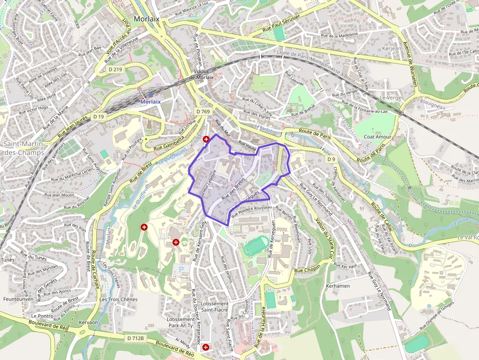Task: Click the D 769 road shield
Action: click(203, 112)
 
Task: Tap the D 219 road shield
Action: click(116, 69)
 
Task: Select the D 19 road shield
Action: click(99, 117)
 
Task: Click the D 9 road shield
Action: click(331, 159)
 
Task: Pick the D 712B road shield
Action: click(135, 338)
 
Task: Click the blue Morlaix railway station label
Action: click(151, 102)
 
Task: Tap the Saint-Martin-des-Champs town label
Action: click(23, 148)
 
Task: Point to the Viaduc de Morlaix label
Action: click(202, 74)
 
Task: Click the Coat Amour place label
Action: click(377, 137)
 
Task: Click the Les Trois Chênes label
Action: click(118, 299)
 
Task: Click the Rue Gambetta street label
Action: click(169, 143)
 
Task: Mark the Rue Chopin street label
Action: click(306, 270)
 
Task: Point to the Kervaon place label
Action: click(88, 323)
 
